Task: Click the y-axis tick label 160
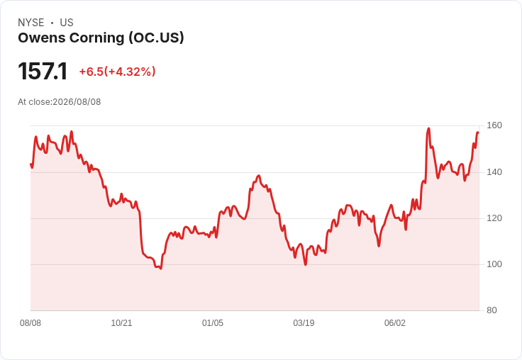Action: click(494, 125)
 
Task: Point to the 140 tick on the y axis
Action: click(494, 172)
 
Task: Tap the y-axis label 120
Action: click(494, 218)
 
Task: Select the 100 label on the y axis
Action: click(494, 264)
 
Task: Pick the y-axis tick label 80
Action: click(492, 310)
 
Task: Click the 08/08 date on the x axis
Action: click(30, 322)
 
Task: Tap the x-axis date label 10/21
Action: click(121, 322)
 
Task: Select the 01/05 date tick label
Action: click(212, 322)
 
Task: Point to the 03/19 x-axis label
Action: click(304, 322)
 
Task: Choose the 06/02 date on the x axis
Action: click(395, 322)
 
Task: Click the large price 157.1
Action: click(43, 71)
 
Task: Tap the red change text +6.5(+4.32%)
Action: click(117, 72)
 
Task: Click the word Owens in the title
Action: click(42, 38)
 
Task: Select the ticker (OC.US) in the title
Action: click(157, 38)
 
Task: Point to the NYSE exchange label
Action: click(31, 23)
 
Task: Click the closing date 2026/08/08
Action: click(77, 102)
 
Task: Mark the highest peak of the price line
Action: click(429, 128)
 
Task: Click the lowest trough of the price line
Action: click(161, 268)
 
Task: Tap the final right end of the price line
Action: click(478, 133)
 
